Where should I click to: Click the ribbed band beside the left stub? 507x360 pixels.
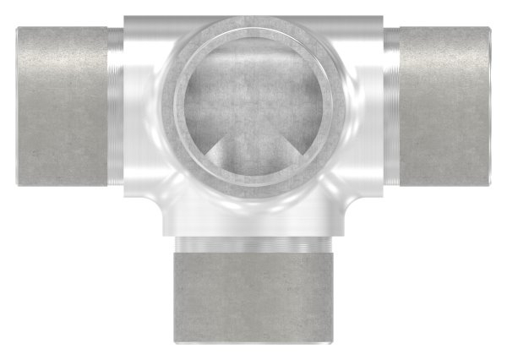point(114,106)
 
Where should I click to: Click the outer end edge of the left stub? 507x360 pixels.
point(18,106)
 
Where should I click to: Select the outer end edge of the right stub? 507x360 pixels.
point(489,106)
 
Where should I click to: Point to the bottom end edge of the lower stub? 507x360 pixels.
point(253,341)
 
